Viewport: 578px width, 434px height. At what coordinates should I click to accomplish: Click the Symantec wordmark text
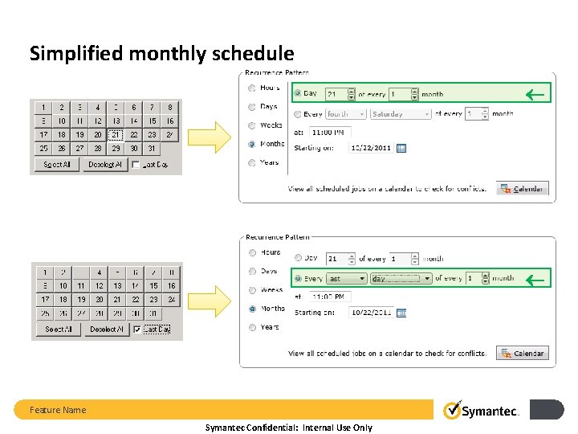[491, 411]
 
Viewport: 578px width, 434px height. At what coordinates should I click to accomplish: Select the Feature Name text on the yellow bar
[58, 410]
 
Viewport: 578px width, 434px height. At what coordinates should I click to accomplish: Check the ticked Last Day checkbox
[136, 330]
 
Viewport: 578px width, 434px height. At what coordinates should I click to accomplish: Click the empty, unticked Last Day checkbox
[136, 165]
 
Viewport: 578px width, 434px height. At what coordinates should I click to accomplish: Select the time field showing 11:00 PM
[330, 132]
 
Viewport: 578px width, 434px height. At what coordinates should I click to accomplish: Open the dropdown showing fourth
[346, 114]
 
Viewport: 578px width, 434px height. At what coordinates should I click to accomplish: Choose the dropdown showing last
[346, 278]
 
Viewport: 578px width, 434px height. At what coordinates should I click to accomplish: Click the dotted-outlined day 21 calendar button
[116, 135]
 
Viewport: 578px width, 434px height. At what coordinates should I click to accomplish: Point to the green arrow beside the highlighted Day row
[534, 95]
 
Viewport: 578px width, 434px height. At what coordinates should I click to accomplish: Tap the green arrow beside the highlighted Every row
[534, 279]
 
